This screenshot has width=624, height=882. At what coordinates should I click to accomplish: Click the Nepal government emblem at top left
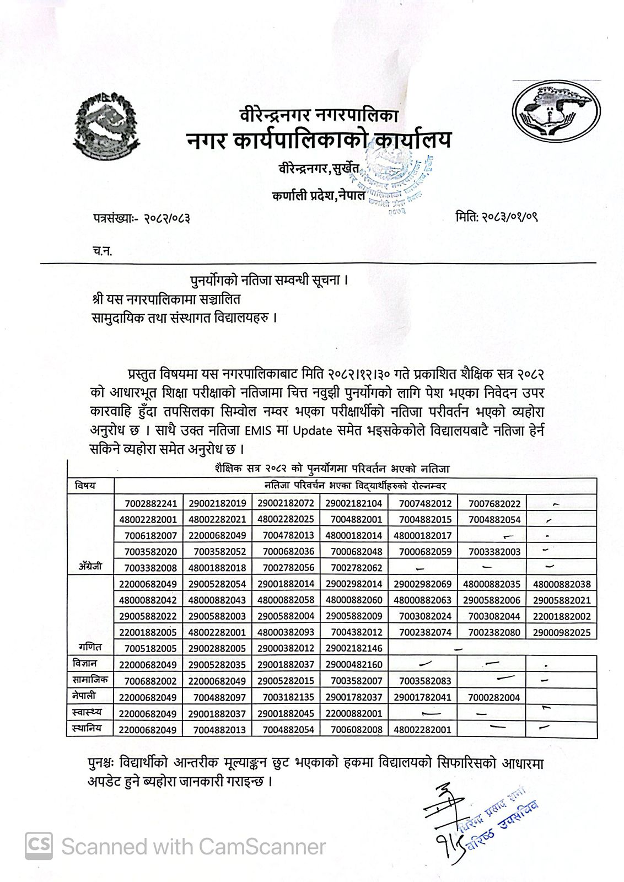tap(105, 125)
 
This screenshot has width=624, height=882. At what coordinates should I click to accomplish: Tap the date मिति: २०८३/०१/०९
tap(497, 216)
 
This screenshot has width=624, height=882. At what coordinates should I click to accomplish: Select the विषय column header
tap(86, 485)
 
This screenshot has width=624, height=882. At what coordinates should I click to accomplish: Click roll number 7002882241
tap(148, 503)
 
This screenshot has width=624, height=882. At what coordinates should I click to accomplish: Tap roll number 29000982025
tap(561, 632)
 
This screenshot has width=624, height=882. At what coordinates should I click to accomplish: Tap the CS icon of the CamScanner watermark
tap(39, 846)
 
